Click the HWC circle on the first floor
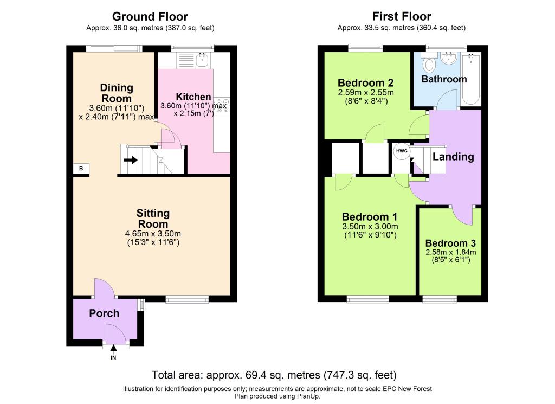pyautogui.click(x=402, y=151)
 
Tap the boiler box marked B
pyautogui.click(x=81, y=169)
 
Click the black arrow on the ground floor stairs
pyautogui.click(x=131, y=160)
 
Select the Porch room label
pyautogui.click(x=104, y=313)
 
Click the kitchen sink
pyautogui.click(x=203, y=60)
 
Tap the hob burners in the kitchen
pyautogui.click(x=221, y=106)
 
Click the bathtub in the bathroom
pyautogui.click(x=471, y=79)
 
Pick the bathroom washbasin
pyautogui.click(x=449, y=59)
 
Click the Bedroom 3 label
pyautogui.click(x=450, y=243)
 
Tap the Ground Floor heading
pyautogui.click(x=150, y=16)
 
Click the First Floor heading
pyautogui.click(x=402, y=16)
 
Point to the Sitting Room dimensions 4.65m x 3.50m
pyautogui.click(x=153, y=234)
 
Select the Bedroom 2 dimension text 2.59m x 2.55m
pyautogui.click(x=366, y=93)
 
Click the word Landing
pyautogui.click(x=453, y=157)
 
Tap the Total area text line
pyautogui.click(x=274, y=375)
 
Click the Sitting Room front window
pyautogui.click(x=187, y=299)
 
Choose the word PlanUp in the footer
pyautogui.click(x=307, y=396)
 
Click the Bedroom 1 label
pyautogui.click(x=370, y=217)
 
